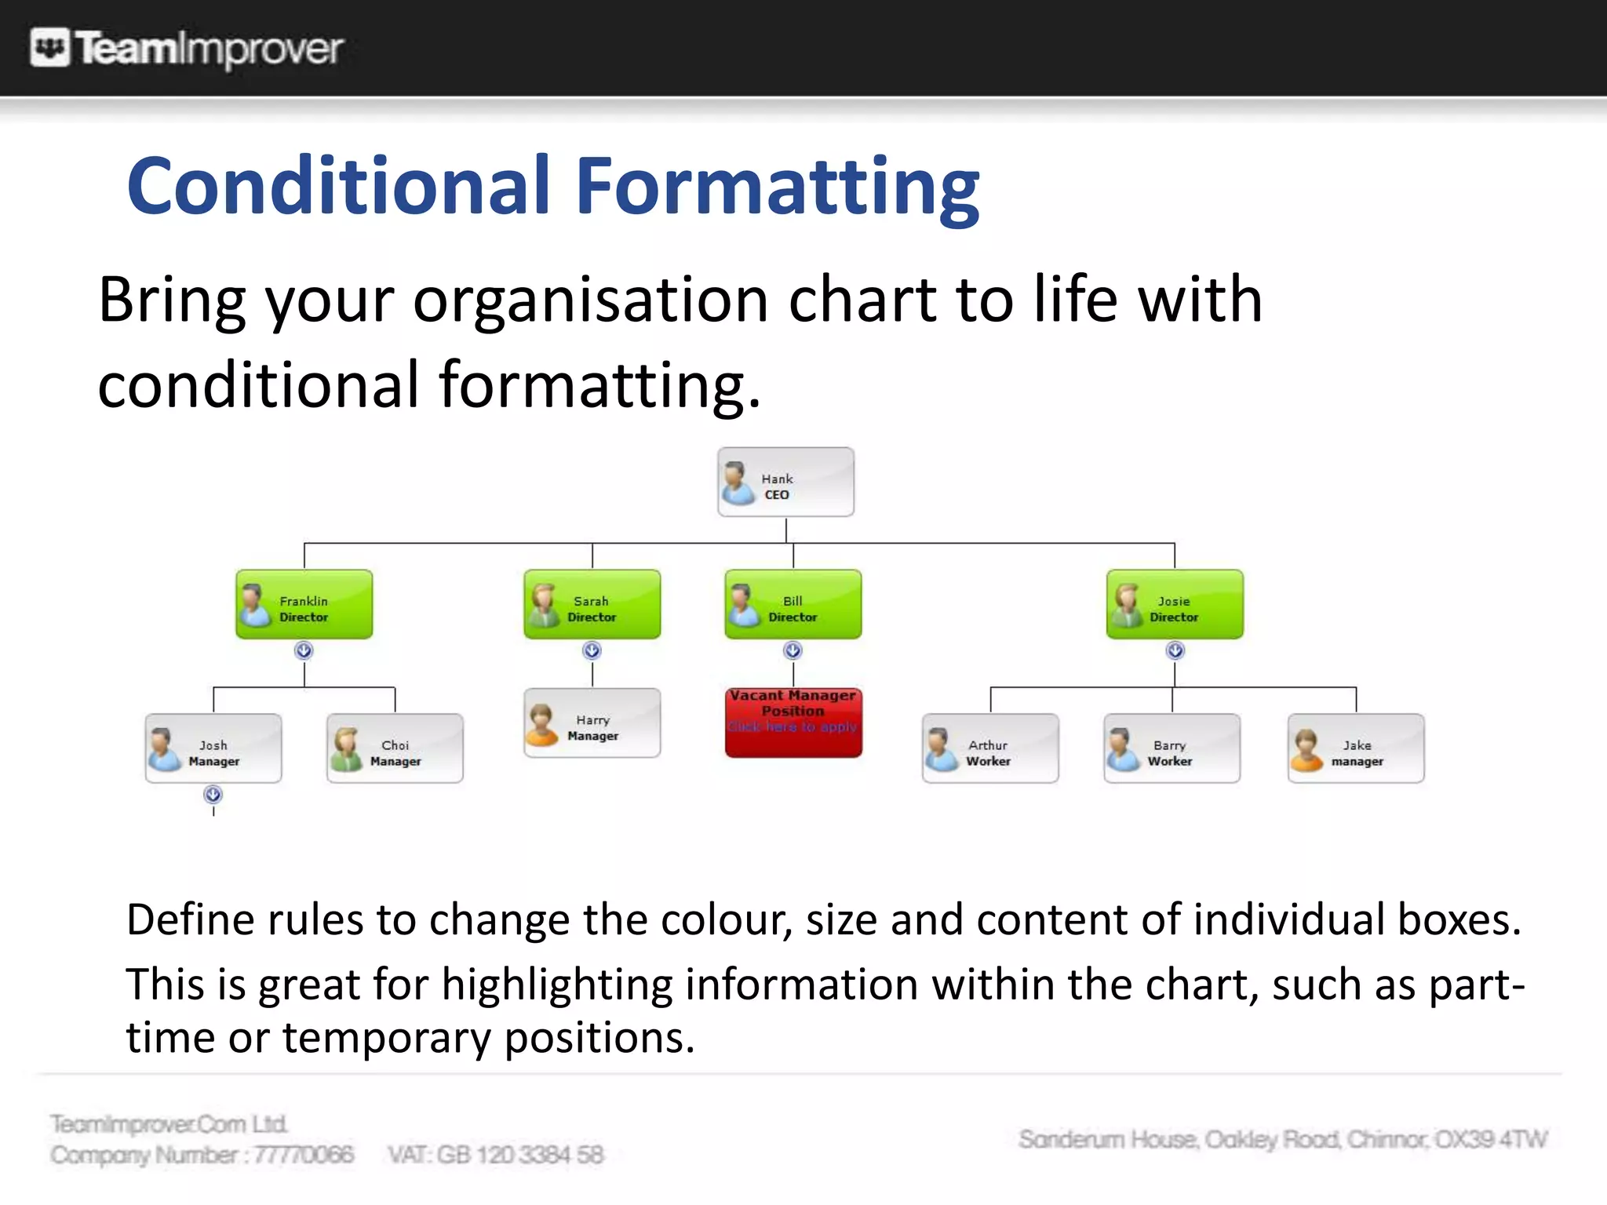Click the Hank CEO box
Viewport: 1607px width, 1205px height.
coord(785,482)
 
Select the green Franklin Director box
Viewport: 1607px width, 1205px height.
coord(304,604)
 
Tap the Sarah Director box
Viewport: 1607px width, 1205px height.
coord(592,604)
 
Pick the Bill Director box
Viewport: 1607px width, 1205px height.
coord(793,604)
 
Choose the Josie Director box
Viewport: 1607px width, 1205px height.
coord(1175,604)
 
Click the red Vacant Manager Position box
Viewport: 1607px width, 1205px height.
coord(793,723)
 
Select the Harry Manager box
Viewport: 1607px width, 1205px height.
coord(592,723)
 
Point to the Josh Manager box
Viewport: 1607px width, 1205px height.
coord(213,748)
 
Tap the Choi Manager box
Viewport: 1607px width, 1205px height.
coord(395,748)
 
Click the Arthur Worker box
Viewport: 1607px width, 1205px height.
coord(990,748)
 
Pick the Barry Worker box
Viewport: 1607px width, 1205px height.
coord(1172,748)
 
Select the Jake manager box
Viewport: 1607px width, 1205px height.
coord(1356,748)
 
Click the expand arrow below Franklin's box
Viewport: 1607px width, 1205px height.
coord(304,650)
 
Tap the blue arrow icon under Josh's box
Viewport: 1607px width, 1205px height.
coord(213,795)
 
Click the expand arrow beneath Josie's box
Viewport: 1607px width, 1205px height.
coord(1175,650)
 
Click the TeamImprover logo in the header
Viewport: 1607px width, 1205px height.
coord(187,48)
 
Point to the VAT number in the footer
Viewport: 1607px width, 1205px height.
coord(496,1155)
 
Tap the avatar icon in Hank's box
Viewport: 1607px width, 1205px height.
coord(738,482)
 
